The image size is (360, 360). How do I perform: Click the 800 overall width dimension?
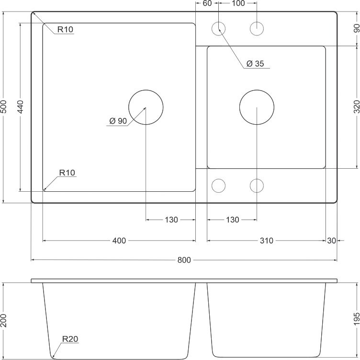click(184, 260)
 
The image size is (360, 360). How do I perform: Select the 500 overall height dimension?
click(4, 106)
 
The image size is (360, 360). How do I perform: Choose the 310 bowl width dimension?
click(266, 241)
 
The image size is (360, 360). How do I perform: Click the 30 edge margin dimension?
click(331, 241)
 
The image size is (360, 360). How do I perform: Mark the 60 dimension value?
click(207, 4)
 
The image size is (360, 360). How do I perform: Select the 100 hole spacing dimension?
click(237, 4)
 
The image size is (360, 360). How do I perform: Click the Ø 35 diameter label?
click(255, 64)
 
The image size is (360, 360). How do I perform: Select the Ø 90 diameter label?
click(118, 121)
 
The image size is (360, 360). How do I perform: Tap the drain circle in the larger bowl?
click(146, 107)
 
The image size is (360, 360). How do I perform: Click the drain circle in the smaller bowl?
click(257, 107)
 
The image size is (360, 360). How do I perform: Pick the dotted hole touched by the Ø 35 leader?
click(219, 29)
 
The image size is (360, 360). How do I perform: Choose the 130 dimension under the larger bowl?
click(171, 220)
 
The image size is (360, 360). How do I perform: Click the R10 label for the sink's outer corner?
click(65, 30)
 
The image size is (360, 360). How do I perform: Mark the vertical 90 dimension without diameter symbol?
click(356, 28)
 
